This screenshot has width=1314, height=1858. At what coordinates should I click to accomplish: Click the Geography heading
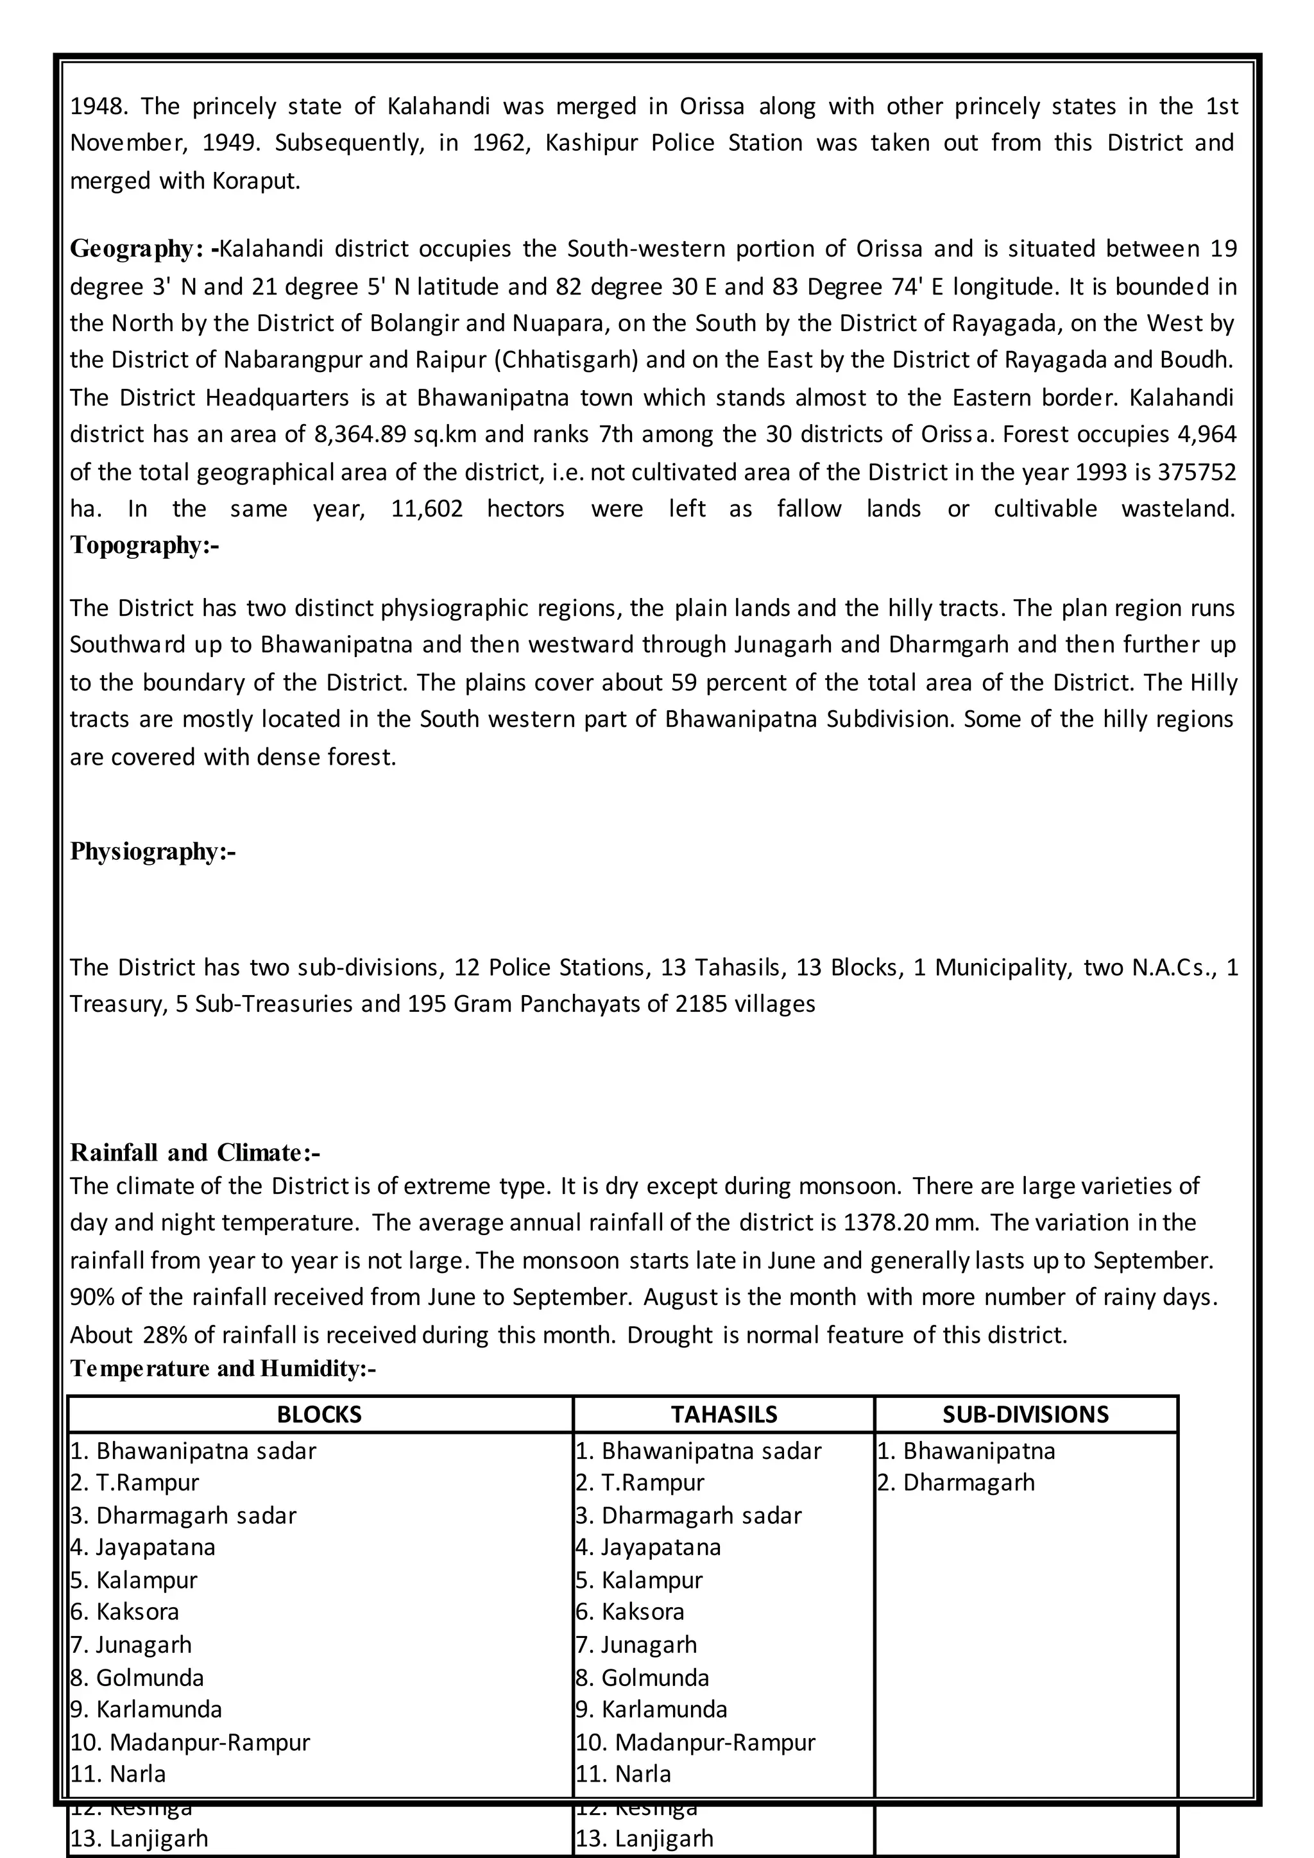click(x=142, y=248)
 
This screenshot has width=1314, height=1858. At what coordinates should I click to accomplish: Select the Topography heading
click(x=144, y=545)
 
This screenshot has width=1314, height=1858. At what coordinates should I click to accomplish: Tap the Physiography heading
click(x=152, y=851)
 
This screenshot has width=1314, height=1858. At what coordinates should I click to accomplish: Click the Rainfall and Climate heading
click(x=195, y=1152)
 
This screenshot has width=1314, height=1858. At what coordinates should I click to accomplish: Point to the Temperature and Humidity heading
click(x=223, y=1368)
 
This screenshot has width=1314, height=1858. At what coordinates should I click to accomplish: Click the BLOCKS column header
click(x=320, y=1415)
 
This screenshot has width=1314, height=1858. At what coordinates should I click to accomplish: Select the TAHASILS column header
click(x=723, y=1415)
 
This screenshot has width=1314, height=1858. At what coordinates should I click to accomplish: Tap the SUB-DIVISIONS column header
click(x=1025, y=1415)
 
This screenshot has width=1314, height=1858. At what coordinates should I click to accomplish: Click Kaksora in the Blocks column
click(x=137, y=1612)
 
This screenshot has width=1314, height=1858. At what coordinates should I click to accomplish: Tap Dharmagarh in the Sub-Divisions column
click(x=969, y=1483)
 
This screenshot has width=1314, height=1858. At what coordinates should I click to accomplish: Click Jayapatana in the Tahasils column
click(x=660, y=1547)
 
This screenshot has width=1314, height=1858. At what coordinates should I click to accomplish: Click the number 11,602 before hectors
click(x=427, y=509)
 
